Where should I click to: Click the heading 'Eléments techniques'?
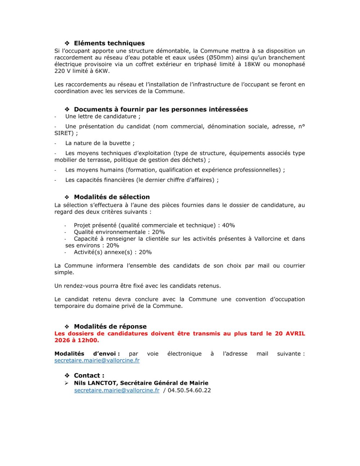(x=109, y=43)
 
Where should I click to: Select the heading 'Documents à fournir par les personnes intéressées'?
(x=161, y=109)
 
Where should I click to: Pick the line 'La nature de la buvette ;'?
(x=100, y=143)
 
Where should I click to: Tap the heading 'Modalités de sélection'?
(x=112, y=197)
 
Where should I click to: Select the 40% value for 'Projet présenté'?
(x=228, y=225)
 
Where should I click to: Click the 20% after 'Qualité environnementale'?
(x=158, y=232)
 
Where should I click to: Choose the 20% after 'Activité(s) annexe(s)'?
(x=145, y=252)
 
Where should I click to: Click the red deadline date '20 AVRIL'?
(x=290, y=334)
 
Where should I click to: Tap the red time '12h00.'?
(x=88, y=340)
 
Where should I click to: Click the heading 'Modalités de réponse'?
(x=110, y=326)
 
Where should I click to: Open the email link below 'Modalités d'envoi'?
(x=97, y=361)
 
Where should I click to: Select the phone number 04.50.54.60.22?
(x=189, y=390)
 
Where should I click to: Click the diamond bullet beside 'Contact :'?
(x=67, y=376)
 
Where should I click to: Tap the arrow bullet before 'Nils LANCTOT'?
(x=67, y=383)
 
